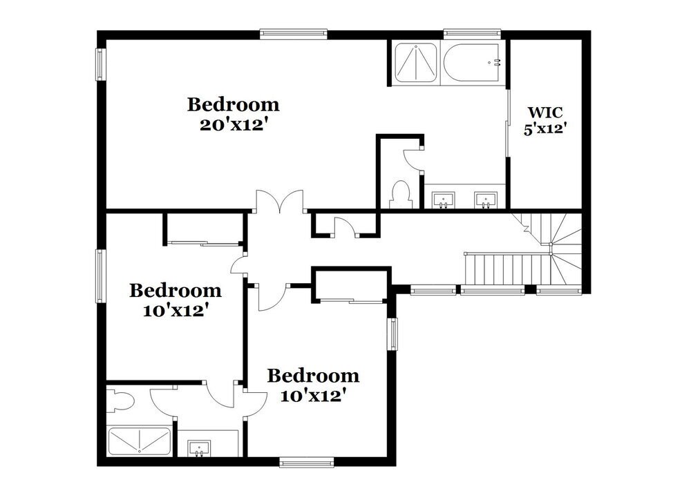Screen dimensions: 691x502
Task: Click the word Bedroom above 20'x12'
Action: [233, 105]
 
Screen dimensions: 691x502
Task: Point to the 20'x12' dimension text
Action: [234, 125]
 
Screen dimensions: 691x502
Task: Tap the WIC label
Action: [545, 113]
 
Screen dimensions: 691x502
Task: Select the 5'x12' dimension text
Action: [545, 129]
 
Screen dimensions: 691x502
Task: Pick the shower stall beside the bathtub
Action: [415, 63]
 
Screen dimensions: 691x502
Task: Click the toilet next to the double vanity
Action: [401, 195]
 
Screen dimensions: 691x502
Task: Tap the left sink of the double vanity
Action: [443, 200]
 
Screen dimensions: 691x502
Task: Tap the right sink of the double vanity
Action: [485, 200]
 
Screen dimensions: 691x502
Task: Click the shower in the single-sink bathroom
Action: [139, 442]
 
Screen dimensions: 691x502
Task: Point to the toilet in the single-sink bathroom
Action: [120, 400]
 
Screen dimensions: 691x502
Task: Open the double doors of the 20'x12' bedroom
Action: [280, 202]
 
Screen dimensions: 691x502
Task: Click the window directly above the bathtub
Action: [472, 32]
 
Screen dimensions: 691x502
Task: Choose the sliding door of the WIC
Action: [508, 124]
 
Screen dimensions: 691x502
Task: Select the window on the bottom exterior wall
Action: [307, 462]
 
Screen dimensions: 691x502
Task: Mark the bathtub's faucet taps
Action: [497, 62]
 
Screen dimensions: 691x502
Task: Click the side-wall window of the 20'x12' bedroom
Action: [102, 64]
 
